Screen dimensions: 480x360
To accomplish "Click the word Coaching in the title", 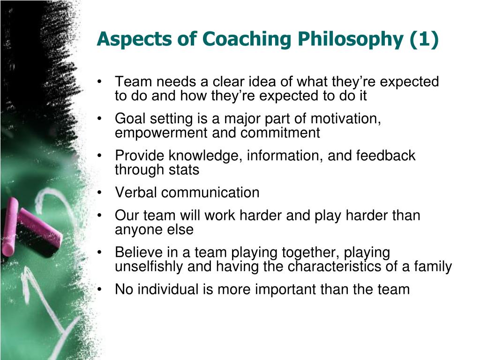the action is pos(246,40).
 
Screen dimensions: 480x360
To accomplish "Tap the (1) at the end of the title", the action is pos(424,40).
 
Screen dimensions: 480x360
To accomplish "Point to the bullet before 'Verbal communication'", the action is pos(99,193).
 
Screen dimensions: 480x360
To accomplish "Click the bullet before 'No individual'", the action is pos(99,289).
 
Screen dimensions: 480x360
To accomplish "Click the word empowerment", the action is pos(161,133).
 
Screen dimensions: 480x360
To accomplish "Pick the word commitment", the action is pos(280,133).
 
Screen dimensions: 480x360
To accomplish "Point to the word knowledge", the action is pos(205,156).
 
